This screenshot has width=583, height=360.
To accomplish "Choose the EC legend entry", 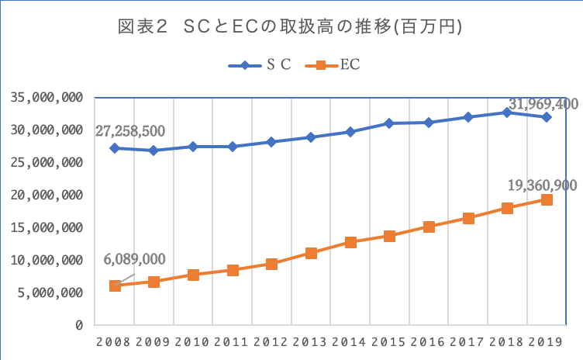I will click(341, 65).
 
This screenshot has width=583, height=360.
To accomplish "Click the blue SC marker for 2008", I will click(115, 148).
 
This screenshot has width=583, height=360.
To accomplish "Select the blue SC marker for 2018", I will click(507, 112).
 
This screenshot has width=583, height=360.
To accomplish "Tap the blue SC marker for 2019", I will click(547, 117).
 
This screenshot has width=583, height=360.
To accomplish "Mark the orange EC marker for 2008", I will click(115, 286).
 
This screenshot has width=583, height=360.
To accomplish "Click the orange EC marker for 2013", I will click(311, 253).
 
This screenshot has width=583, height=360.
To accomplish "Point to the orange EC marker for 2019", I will click(547, 199).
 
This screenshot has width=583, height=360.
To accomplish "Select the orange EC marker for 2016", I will click(429, 227).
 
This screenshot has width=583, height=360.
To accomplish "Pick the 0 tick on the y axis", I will click(78, 325).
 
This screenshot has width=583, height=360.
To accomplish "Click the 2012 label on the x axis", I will click(271, 341).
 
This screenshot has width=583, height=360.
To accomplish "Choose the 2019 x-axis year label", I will click(547, 341).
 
